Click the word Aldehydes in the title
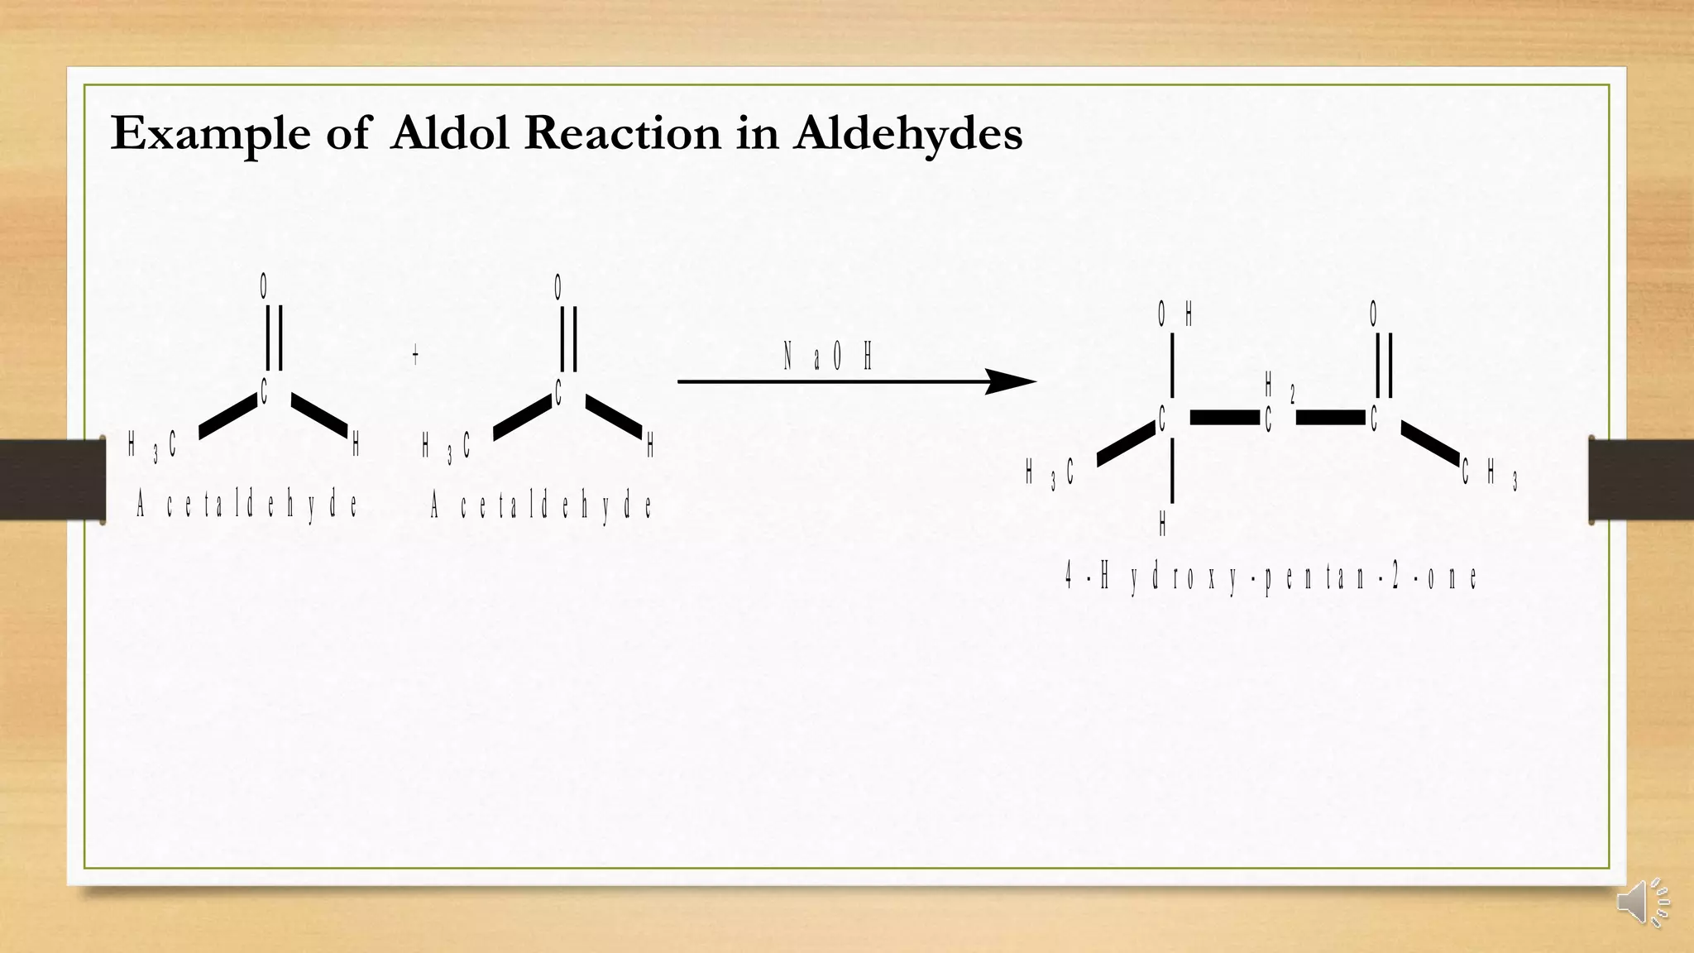(907, 133)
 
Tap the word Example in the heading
(210, 133)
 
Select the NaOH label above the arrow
(828, 358)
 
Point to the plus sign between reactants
(415, 356)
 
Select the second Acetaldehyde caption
(542, 505)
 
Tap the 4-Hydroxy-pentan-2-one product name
(1270, 577)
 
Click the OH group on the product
(1175, 314)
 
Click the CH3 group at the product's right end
(1489, 474)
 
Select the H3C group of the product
(1050, 474)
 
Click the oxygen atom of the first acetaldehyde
(264, 286)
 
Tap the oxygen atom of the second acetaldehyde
(558, 288)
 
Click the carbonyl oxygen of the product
(1374, 314)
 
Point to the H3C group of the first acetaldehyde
(153, 447)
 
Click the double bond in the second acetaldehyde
(568, 339)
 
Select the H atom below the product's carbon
(1163, 524)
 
